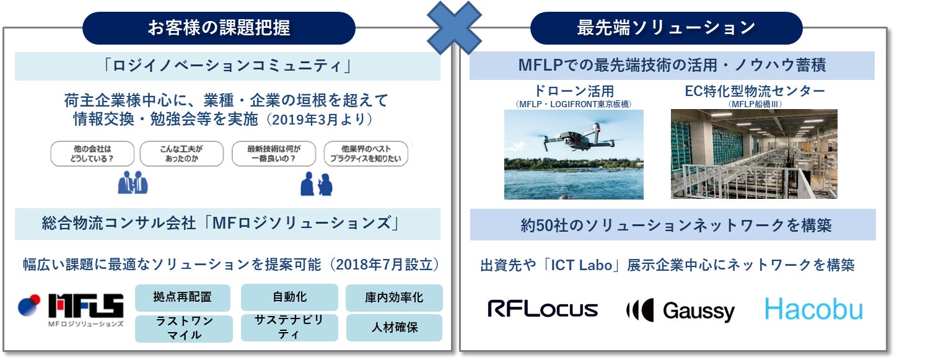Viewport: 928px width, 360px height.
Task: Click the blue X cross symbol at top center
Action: pyautogui.click(x=455, y=28)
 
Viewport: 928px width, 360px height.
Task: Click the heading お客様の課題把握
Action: pyautogui.click(x=219, y=28)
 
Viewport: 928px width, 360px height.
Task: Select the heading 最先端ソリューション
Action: pyautogui.click(x=666, y=28)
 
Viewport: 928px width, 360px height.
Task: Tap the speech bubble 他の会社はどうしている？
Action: pyautogui.click(x=84, y=153)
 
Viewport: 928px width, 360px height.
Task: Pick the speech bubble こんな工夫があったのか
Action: pyautogui.click(x=180, y=153)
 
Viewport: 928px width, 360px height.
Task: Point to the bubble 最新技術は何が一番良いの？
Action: pyautogui.click(x=273, y=153)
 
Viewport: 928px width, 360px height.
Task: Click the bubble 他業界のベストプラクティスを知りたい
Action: pyautogui.click(x=366, y=153)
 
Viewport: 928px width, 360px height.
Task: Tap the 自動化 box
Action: pyautogui.click(x=289, y=297)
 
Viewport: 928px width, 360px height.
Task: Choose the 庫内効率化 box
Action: pyautogui.click(x=394, y=297)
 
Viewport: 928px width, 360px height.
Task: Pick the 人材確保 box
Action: pyautogui.click(x=394, y=327)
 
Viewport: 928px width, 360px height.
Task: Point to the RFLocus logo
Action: pyautogui.click(x=543, y=309)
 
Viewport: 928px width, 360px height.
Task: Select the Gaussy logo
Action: pyautogui.click(x=680, y=310)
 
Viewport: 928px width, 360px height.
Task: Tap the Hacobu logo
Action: pyautogui.click(x=813, y=309)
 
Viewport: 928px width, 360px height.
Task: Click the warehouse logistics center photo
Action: pyautogui.click(x=753, y=154)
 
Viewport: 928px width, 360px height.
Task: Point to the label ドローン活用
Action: pyautogui.click(x=574, y=91)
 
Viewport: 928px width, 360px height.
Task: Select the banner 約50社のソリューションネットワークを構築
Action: pyautogui.click(x=672, y=225)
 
